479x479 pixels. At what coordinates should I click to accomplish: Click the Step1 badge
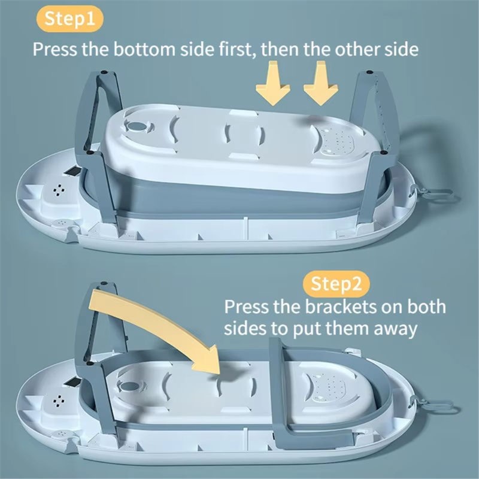click(x=70, y=19)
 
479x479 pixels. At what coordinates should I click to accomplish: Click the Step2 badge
click(x=336, y=284)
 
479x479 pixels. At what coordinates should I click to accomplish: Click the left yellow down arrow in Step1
click(x=273, y=83)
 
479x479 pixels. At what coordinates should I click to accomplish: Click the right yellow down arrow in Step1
click(x=321, y=83)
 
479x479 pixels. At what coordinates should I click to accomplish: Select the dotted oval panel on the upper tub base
click(x=338, y=141)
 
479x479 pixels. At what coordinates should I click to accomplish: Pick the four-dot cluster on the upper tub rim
click(x=59, y=190)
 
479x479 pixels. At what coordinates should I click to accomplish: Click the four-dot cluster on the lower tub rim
click(x=59, y=401)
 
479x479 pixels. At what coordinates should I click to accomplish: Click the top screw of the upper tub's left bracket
click(x=104, y=72)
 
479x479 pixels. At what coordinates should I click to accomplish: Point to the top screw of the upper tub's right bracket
click(x=369, y=72)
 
